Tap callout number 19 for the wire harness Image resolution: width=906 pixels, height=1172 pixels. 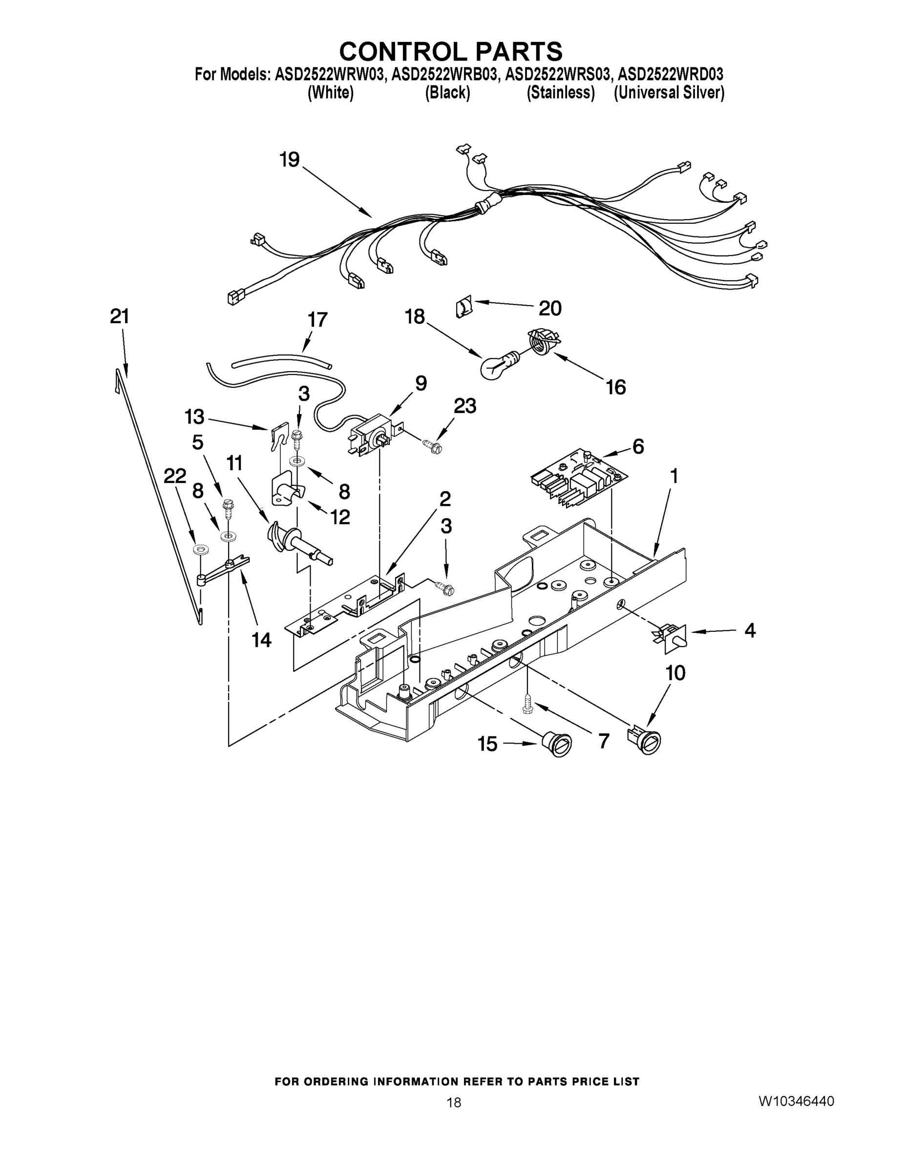click(289, 159)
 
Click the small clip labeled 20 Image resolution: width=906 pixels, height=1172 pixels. click(463, 309)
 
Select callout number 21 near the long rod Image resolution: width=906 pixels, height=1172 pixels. click(120, 316)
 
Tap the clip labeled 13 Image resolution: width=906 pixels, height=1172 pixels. click(277, 439)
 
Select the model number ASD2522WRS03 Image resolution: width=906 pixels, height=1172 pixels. click(558, 75)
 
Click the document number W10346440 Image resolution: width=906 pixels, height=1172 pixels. click(796, 1101)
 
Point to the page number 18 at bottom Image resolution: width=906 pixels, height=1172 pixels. click(454, 1102)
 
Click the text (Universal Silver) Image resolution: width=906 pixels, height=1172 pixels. click(669, 93)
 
